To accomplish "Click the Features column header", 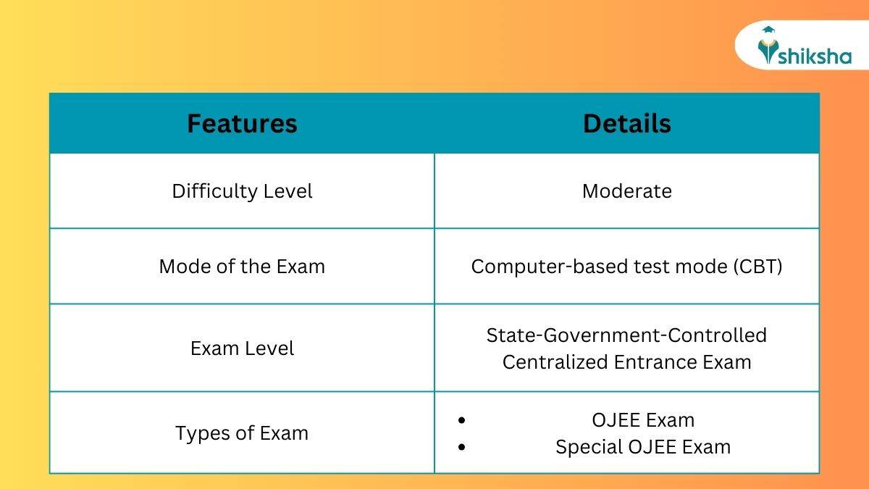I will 242,124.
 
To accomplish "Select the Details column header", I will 626,124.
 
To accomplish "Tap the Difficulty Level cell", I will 242,191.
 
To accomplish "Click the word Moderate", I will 626,191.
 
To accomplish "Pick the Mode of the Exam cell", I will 242,266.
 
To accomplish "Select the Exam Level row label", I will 242,348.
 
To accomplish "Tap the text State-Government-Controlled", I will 626,335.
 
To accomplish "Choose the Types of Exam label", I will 242,433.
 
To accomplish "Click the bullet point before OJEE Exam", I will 461,421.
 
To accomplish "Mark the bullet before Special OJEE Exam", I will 461,448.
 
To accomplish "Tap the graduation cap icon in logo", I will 768,30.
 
